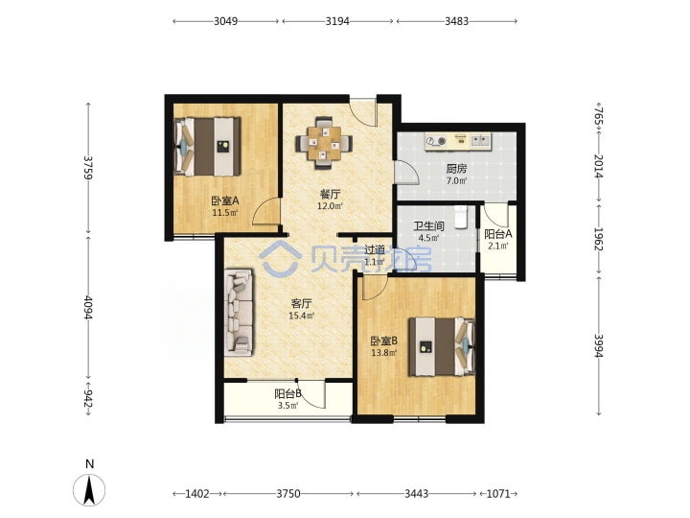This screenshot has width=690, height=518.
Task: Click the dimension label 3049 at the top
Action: click(x=226, y=21)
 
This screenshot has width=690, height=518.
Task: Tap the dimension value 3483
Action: click(x=456, y=21)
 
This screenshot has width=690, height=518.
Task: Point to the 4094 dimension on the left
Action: click(x=88, y=308)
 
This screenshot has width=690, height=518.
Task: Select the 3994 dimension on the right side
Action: click(x=598, y=345)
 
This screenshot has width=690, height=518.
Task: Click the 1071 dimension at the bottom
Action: click(x=498, y=494)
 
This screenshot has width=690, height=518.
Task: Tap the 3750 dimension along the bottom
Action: click(x=288, y=494)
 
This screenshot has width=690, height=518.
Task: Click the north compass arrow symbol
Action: click(x=89, y=490)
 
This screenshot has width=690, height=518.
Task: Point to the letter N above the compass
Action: click(x=90, y=464)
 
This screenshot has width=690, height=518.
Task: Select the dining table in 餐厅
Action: click(x=324, y=143)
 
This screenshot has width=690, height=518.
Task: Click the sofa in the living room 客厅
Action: click(x=239, y=313)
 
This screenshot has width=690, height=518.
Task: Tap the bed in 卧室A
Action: click(x=207, y=147)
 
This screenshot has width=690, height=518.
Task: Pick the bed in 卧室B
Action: click(x=442, y=346)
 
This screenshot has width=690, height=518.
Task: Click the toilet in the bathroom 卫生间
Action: click(x=460, y=217)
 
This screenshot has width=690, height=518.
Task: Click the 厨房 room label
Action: click(x=456, y=168)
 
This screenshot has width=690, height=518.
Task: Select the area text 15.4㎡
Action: click(x=302, y=316)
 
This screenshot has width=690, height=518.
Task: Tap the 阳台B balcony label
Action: click(x=287, y=393)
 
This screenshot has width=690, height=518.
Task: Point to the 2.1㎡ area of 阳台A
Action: click(x=497, y=246)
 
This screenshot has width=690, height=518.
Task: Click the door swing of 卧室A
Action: click(x=266, y=211)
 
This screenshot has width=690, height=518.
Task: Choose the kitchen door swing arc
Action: click(x=407, y=173)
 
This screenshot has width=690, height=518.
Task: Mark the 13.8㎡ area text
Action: click(x=384, y=352)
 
